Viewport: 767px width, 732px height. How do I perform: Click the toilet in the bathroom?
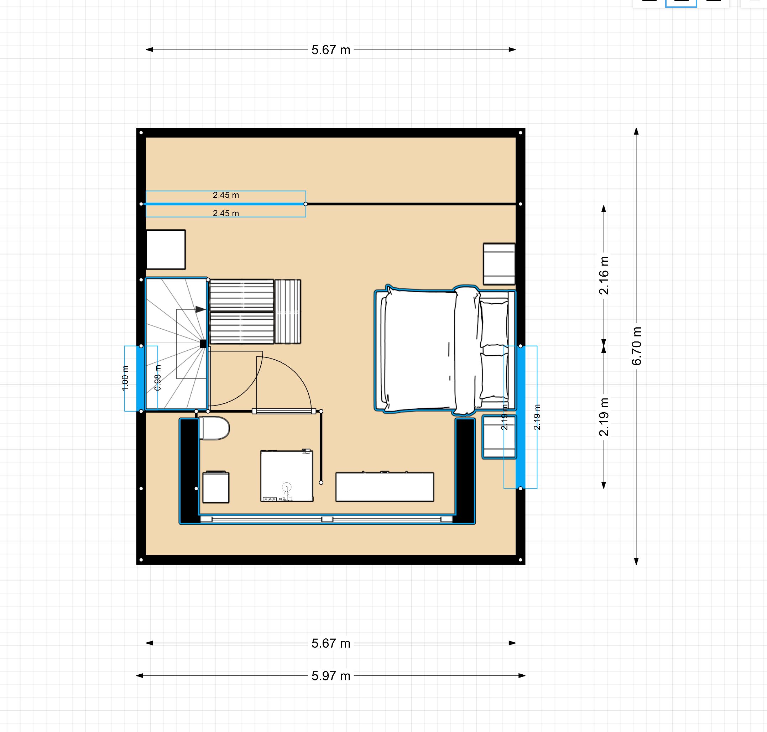(214, 428)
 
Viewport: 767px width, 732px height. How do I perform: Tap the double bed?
(445, 350)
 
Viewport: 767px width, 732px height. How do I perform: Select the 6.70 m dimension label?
(636, 346)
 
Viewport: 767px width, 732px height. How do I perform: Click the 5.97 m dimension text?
(330, 676)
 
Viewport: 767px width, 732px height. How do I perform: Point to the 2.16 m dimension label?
(604, 275)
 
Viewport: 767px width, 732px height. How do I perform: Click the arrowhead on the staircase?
(200, 309)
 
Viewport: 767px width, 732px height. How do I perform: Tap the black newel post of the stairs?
(203, 344)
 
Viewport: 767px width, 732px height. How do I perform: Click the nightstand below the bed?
(499, 436)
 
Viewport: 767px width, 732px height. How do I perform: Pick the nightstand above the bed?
(499, 264)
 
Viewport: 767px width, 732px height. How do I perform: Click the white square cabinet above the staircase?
(166, 249)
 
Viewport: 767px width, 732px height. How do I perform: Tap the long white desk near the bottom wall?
(385, 487)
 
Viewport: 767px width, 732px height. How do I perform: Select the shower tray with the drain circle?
(287, 476)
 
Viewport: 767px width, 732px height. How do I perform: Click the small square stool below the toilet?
(216, 487)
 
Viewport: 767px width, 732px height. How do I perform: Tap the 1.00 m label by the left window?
(125, 378)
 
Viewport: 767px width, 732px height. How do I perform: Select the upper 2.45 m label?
(226, 195)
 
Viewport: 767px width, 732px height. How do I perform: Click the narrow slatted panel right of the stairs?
(288, 312)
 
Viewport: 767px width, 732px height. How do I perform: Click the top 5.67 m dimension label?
(330, 50)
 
